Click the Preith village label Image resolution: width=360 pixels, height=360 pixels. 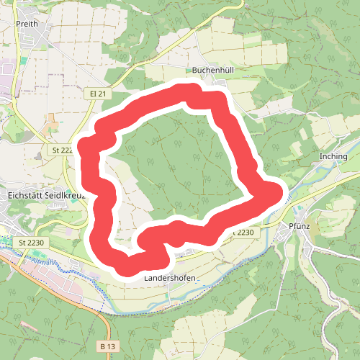coord(26,24)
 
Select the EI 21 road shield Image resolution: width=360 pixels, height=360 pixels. coord(99,94)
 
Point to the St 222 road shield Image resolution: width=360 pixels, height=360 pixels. coord(63,150)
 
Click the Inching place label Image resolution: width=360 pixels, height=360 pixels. coord(333,156)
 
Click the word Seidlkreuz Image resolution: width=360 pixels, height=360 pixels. coord(64,194)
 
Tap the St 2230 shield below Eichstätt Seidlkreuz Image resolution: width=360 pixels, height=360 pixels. coord(32,243)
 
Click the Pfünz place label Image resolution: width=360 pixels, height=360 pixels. coord(298,225)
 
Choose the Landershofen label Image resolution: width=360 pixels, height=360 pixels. coord(170,277)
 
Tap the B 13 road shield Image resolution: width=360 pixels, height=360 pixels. coord(107,346)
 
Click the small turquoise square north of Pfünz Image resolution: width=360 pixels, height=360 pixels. coord(296,203)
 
